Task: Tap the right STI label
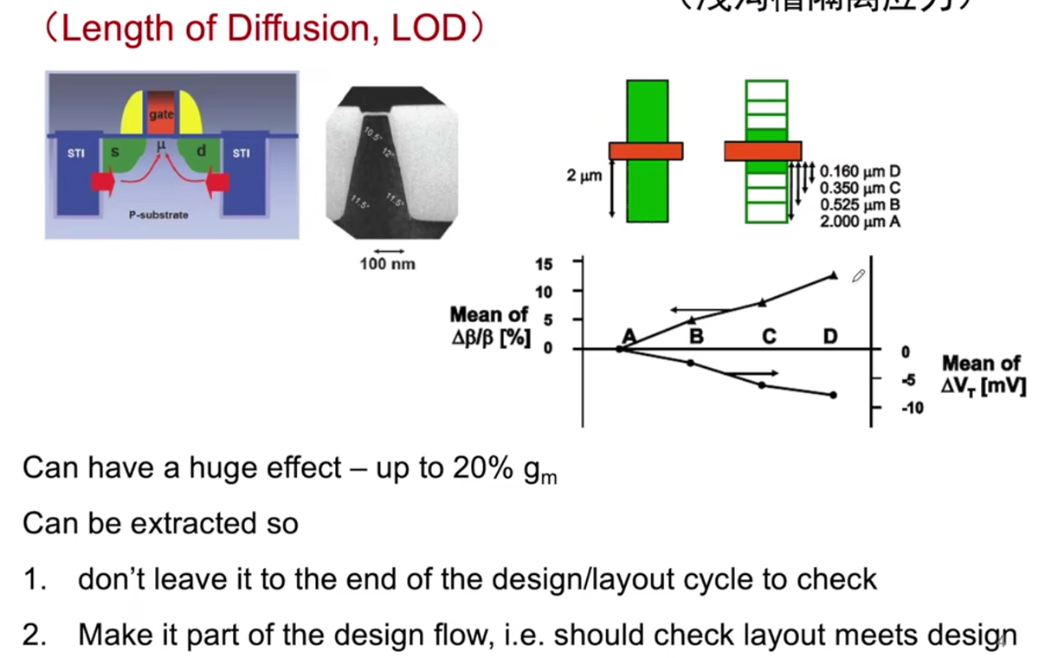coord(241,153)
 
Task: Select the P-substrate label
coord(158,214)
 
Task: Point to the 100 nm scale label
coord(387,264)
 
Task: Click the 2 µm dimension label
coord(584,176)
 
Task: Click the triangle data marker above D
coord(833,275)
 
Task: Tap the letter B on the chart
coord(695,336)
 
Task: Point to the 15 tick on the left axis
coord(543,263)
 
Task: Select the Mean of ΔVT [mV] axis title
coord(983,375)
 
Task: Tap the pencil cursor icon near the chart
coord(858,276)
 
